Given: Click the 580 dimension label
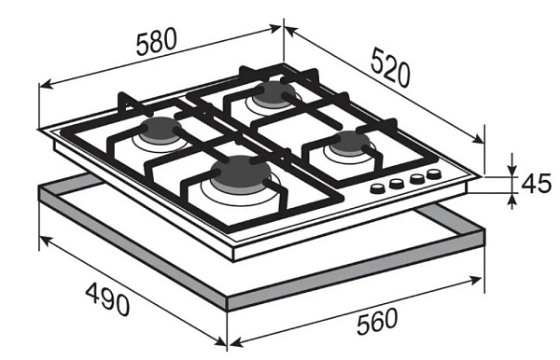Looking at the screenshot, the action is click(x=157, y=43).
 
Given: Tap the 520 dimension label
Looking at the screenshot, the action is click(x=389, y=68).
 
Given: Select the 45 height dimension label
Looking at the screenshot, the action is click(x=537, y=185).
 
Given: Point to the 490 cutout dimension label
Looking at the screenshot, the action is click(x=108, y=299).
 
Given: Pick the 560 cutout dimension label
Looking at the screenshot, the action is click(x=377, y=322).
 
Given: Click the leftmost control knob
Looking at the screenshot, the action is click(x=377, y=188).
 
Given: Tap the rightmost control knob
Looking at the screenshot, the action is click(x=434, y=174).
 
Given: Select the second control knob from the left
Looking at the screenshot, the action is click(x=397, y=184).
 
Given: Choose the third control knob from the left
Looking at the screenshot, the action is click(x=415, y=179).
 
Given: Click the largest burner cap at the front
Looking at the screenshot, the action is click(x=241, y=173).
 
